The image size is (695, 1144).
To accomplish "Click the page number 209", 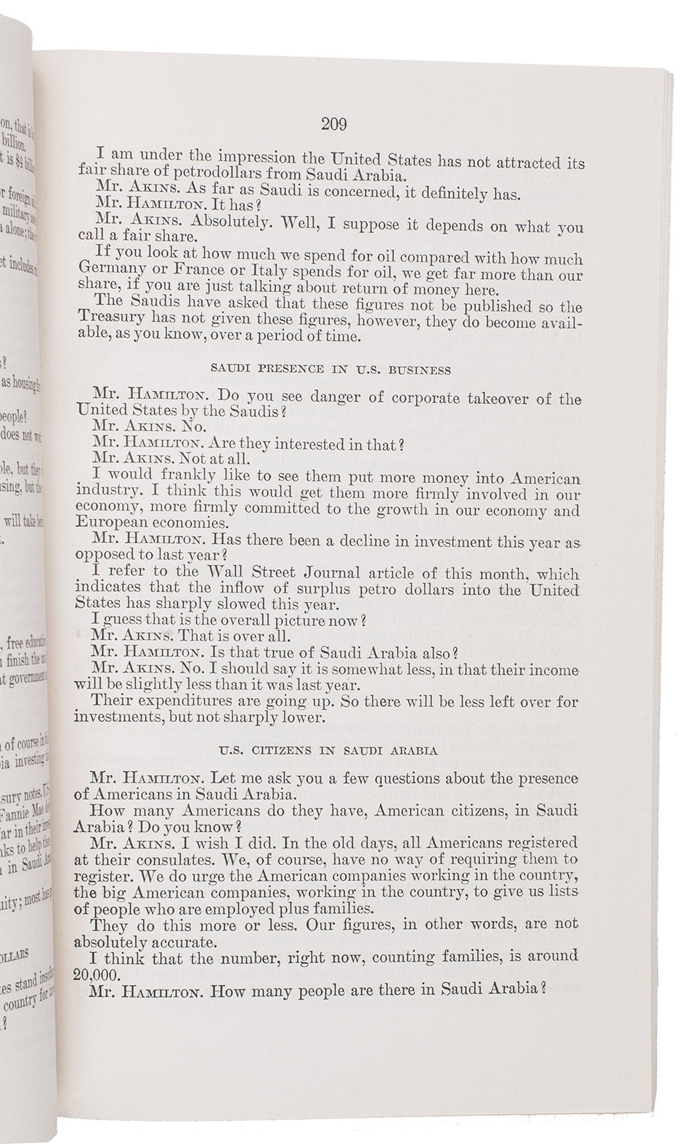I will (x=333, y=124).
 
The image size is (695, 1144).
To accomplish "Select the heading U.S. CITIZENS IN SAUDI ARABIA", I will (x=329, y=751).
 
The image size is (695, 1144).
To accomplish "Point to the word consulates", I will (x=150, y=859).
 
